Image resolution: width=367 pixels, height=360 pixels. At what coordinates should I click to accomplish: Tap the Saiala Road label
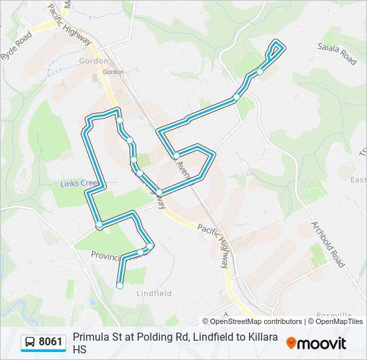coord(337,54)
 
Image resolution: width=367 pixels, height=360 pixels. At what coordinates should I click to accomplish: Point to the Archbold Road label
coord(328,244)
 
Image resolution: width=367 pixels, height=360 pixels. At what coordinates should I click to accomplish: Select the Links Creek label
coord(79,183)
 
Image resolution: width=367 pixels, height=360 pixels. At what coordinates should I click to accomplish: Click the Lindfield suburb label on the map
coord(154,293)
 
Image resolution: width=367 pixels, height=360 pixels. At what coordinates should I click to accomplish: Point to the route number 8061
coord(51,343)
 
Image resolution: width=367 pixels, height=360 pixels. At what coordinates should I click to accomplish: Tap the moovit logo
coord(316,343)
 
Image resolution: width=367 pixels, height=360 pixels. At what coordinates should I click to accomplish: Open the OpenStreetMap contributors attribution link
coord(252,321)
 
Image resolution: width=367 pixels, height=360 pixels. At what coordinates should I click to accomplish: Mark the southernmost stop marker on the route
coord(120,285)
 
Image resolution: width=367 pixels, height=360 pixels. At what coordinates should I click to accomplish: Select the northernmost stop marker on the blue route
coord(260,71)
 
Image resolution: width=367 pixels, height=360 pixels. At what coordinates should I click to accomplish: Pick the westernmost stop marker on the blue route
coord(99,225)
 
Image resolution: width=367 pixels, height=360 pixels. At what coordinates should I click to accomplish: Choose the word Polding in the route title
coord(146,337)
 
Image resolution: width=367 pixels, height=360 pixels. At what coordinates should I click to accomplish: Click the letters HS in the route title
coord(79,349)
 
